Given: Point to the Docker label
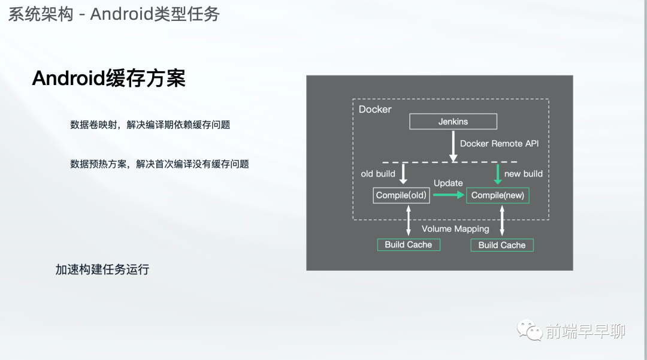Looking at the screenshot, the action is coord(374,109).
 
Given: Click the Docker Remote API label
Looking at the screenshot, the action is coord(499,144).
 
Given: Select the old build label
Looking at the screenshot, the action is coord(378,174).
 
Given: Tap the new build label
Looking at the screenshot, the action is coord(523,174).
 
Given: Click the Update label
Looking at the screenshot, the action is coord(448,183).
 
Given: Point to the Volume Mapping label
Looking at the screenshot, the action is coord(455,229).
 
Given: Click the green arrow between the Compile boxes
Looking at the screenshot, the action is coord(449,195).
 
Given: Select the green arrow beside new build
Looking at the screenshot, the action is coord(498,174).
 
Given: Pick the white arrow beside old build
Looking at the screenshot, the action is coord(404,174).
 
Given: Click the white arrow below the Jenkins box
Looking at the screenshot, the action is coord(453,146).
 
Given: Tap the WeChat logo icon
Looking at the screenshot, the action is coord(530,330).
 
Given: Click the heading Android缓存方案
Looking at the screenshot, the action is coord(109,78).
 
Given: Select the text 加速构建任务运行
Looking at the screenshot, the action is coord(102,270).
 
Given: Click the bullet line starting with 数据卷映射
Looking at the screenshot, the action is coord(150,125).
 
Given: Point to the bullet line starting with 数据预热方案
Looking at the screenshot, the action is coord(160,164).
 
